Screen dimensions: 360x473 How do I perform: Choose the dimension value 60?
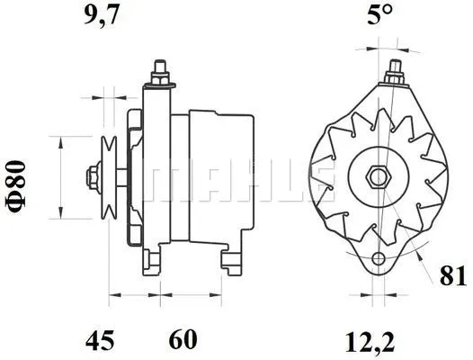click(183, 340)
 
